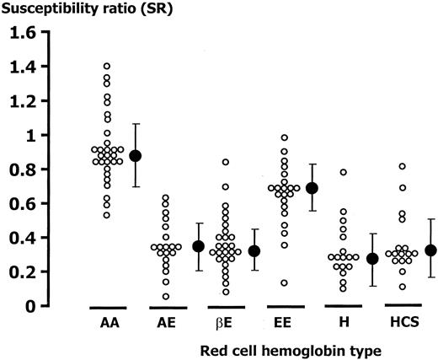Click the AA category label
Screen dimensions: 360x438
tap(108, 323)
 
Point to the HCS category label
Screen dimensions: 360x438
tap(398, 323)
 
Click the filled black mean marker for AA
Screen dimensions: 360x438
tap(135, 156)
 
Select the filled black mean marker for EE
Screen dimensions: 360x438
tap(311, 188)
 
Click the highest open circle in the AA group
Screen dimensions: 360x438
tap(107, 66)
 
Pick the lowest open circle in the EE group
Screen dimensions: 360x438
tap(283, 282)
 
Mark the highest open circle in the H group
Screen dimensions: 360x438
tap(343, 172)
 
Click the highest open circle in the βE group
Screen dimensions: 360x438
tap(225, 162)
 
